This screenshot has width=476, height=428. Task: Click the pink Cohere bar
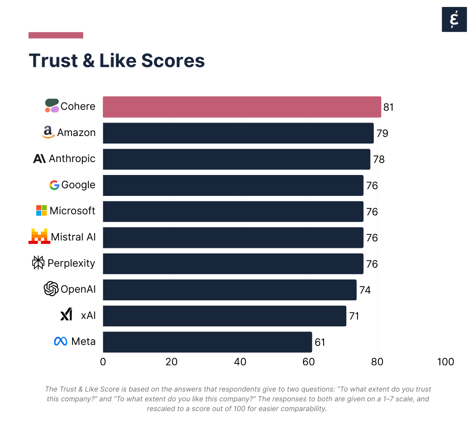point(242,107)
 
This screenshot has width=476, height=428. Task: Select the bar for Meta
point(207,342)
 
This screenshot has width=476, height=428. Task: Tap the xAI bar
point(225,316)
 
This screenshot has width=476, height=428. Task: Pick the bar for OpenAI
point(230,290)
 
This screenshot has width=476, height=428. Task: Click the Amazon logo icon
point(48,132)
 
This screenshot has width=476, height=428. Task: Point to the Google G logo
point(54,185)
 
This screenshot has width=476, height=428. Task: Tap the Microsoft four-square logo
point(41,211)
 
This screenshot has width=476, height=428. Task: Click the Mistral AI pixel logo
point(39,236)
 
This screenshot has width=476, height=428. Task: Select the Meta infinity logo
point(60,342)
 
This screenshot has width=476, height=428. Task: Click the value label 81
point(389,107)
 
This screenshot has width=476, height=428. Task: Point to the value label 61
point(320,343)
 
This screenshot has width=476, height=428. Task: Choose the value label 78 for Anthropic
point(379,160)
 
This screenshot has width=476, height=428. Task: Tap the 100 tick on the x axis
point(446,362)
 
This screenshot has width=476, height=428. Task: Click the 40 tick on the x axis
point(240,362)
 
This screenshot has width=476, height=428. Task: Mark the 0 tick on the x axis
point(103,362)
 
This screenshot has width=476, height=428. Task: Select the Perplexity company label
point(71,263)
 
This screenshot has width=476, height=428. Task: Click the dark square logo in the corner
point(454,19)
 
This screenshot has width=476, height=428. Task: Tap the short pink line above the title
point(56,35)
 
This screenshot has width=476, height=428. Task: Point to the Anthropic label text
point(72,159)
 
